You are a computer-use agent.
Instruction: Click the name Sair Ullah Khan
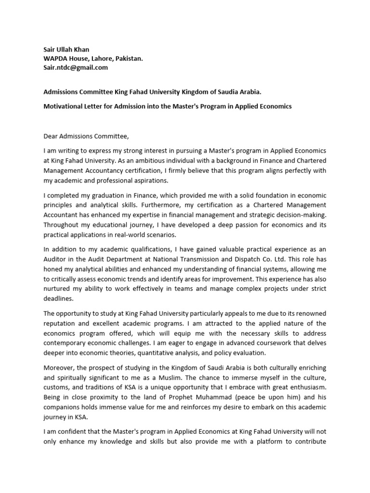tap(66, 49)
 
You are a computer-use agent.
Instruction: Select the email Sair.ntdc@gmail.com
tap(76, 67)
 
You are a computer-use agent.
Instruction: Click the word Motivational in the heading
tap(65, 106)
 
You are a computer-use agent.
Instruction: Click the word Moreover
tap(59, 367)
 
